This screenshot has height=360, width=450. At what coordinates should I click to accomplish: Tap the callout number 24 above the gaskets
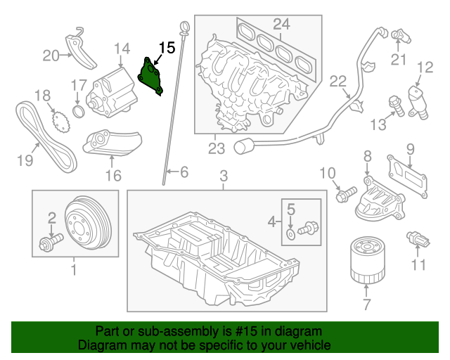(281, 25)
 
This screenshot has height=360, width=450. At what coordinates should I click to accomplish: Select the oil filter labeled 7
(364, 262)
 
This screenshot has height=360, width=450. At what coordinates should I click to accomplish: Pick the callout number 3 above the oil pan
(224, 175)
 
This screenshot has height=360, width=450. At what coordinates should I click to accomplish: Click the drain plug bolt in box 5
(307, 229)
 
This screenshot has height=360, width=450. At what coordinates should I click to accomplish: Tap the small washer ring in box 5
(290, 232)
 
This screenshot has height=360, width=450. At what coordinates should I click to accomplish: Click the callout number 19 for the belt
(25, 160)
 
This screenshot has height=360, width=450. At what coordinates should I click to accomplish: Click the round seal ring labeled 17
(79, 113)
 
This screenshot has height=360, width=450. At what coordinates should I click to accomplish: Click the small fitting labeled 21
(399, 34)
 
